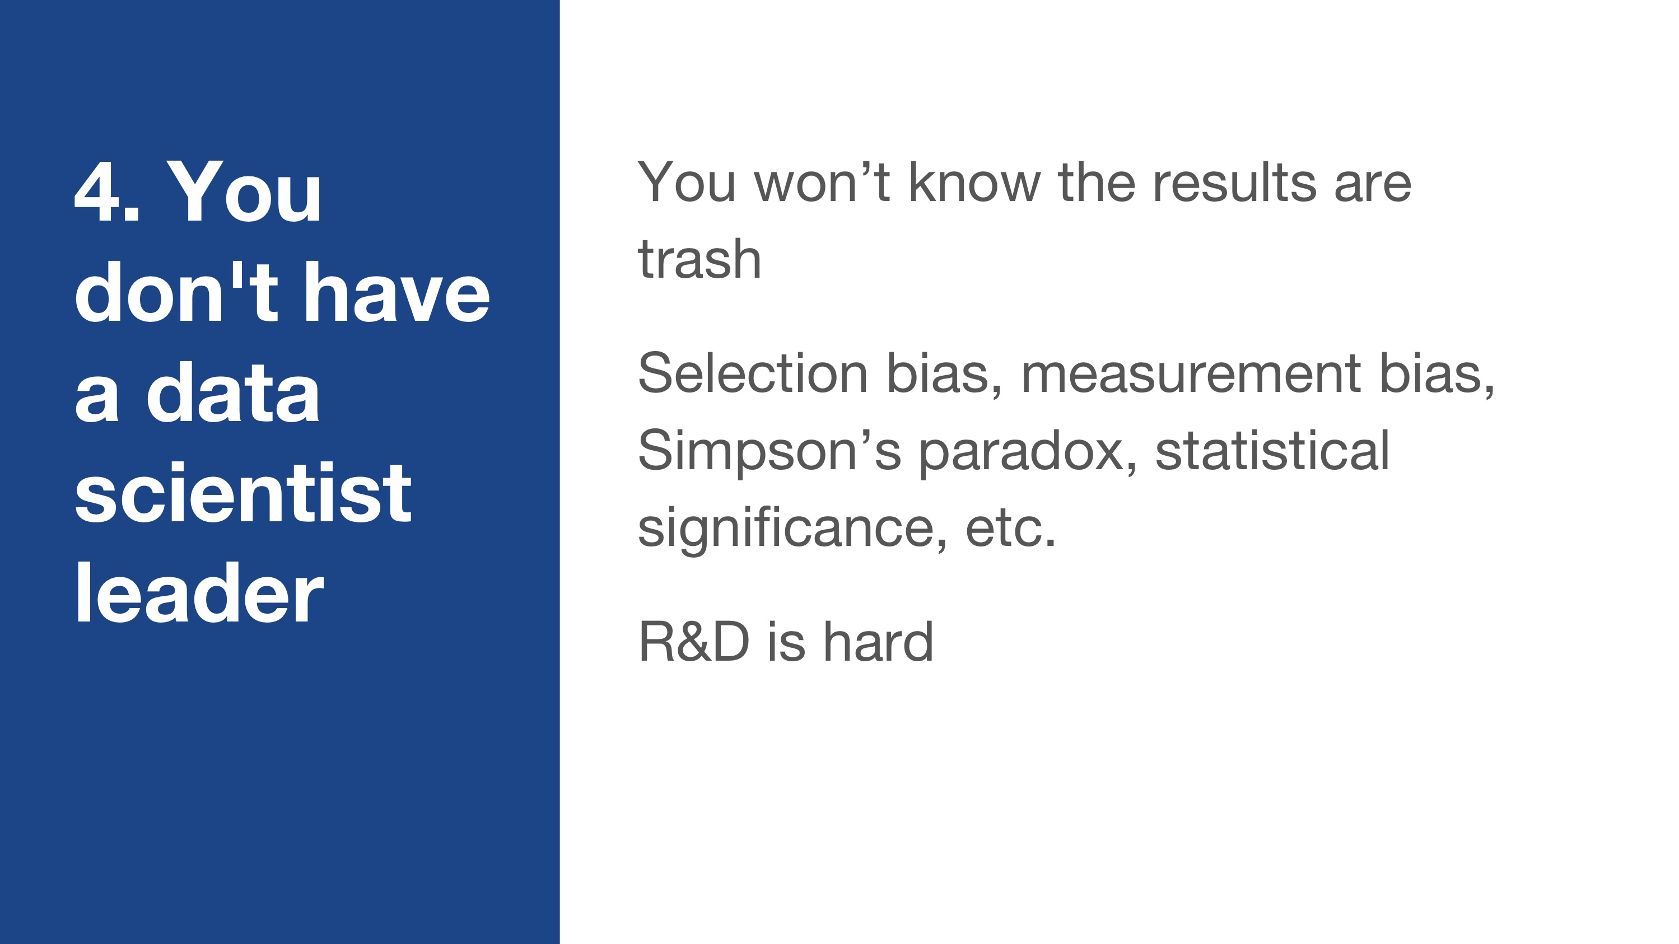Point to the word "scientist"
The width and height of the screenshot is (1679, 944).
point(243,493)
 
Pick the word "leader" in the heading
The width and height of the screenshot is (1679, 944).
point(199,593)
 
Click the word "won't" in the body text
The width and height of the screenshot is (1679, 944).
point(822,182)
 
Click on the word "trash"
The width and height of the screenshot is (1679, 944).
point(699,259)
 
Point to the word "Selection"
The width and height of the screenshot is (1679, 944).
point(753,373)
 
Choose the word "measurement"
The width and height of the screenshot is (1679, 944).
point(1190,373)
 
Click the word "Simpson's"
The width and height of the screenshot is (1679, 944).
point(769,451)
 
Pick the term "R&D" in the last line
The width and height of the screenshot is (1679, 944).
point(693,642)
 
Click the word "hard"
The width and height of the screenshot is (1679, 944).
point(879,641)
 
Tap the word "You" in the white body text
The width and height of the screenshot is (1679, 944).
point(687,182)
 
